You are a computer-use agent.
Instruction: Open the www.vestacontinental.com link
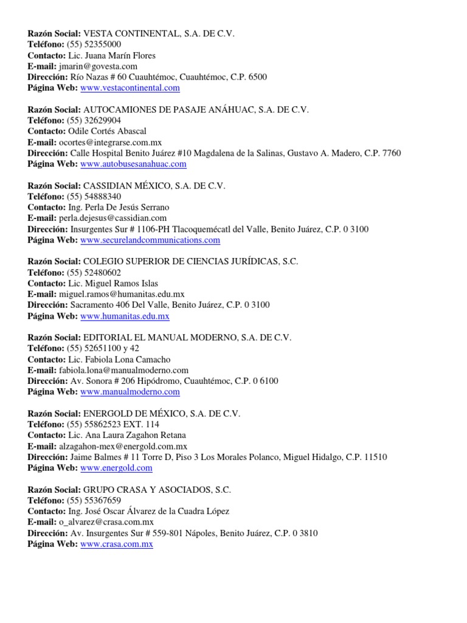[130, 88]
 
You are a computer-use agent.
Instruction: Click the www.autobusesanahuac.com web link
[133, 164]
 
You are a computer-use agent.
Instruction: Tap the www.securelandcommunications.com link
[150, 240]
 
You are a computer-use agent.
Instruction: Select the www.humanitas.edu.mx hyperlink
[125, 316]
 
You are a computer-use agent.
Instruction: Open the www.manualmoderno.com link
[130, 392]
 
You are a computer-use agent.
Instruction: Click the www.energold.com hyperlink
[116, 468]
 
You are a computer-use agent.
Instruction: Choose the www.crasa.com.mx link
[116, 545]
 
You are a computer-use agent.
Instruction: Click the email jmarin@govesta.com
[98, 66]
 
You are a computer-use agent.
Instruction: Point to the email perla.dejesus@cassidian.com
[112, 218]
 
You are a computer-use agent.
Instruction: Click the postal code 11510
[375, 457]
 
